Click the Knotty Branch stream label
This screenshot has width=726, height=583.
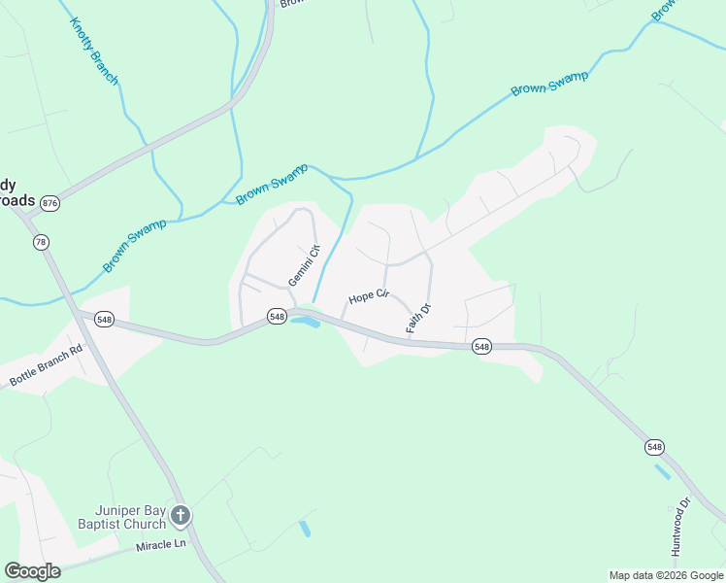95,50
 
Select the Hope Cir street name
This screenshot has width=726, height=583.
369,295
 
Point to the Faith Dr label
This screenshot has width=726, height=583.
418,319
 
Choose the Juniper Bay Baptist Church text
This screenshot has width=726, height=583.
121,522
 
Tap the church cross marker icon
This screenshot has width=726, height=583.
181,515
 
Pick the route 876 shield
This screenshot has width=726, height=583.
50,202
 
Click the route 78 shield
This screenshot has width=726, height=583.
41,242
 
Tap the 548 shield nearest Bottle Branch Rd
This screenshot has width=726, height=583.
105,319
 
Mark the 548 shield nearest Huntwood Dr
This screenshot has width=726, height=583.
654,447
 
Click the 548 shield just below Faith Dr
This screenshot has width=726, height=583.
481,346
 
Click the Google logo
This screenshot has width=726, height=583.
32,571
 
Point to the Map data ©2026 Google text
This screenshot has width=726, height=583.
665,575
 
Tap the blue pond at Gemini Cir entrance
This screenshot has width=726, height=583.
306,322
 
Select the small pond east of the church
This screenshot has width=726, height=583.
306,530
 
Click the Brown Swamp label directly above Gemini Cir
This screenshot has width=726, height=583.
272,184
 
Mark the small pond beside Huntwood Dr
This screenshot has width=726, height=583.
663,472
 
